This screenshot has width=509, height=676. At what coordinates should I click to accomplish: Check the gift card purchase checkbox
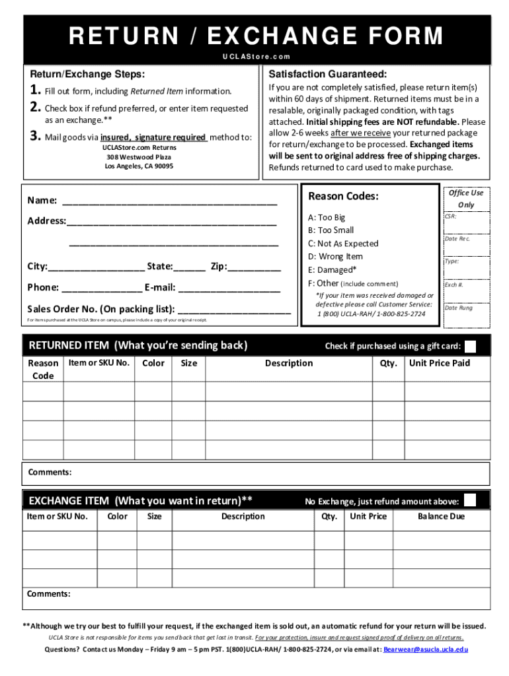(471, 346)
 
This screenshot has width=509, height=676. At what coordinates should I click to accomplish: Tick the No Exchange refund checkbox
(470, 500)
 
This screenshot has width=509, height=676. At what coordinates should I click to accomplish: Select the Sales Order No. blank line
(234, 310)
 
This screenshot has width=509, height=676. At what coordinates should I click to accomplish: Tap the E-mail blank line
(229, 288)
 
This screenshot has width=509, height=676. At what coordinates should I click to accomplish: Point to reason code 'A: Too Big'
(327, 217)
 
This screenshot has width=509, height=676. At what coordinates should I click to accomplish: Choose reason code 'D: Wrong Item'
(335, 256)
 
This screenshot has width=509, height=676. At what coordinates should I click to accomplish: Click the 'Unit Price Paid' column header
(440, 363)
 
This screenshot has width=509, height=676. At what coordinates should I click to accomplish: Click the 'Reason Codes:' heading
(343, 196)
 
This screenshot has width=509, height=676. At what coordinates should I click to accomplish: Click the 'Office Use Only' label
(466, 198)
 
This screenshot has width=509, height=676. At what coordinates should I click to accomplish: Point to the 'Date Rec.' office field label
(457, 238)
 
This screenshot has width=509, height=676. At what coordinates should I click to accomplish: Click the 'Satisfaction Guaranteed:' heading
(327, 74)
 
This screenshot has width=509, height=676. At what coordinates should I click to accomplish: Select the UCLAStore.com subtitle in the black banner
(256, 57)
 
